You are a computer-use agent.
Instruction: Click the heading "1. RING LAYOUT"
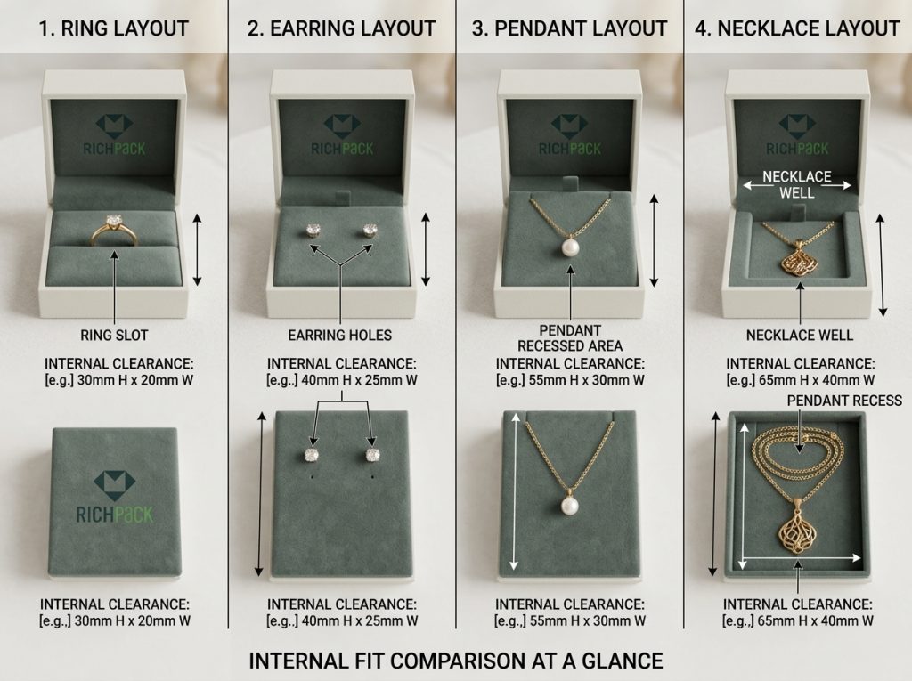point(114,28)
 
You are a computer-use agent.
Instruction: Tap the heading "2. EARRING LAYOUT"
point(342,28)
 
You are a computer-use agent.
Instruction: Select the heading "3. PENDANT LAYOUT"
point(570,28)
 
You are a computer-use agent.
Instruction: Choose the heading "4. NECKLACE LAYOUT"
point(798,28)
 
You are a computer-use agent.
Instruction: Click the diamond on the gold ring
point(114,221)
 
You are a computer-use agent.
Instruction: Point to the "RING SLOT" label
point(114,336)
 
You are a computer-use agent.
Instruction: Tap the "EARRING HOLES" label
point(340,336)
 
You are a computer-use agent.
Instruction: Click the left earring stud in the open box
point(313,230)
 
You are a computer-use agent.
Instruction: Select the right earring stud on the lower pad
point(372,454)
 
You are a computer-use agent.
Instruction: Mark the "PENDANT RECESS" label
point(844,401)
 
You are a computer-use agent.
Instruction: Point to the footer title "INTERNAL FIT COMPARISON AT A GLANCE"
point(455,661)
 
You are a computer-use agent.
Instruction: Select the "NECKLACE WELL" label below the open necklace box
point(799,336)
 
